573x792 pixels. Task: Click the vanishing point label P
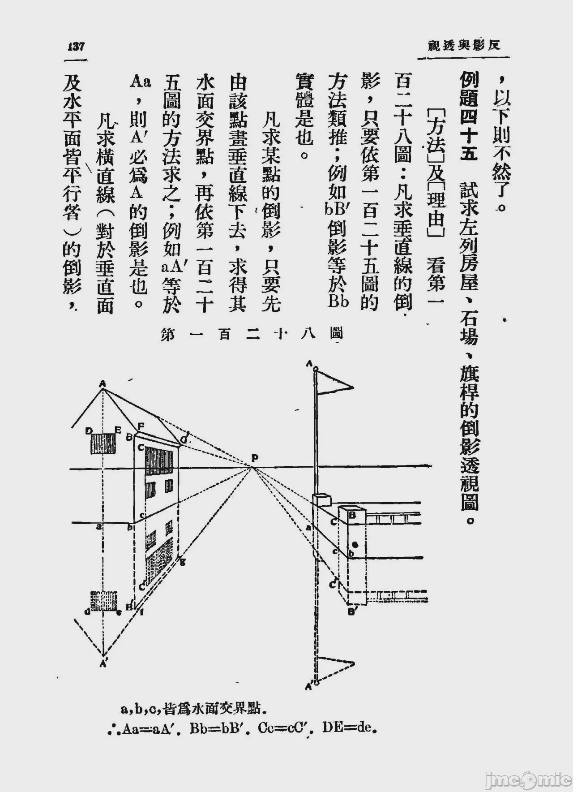pyautogui.click(x=255, y=457)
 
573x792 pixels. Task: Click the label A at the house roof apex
pyautogui.click(x=103, y=383)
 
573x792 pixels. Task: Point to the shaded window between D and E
pyautogui.click(x=103, y=443)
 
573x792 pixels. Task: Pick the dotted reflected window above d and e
pyautogui.click(x=104, y=601)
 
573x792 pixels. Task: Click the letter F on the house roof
pyautogui.click(x=141, y=426)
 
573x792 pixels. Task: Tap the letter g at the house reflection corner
pyautogui.click(x=183, y=563)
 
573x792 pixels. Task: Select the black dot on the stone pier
pyautogui.click(x=355, y=545)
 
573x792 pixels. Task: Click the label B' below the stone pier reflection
pyautogui.click(x=352, y=611)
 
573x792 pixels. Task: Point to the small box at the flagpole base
pyautogui.click(x=323, y=500)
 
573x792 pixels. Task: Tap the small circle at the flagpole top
pyautogui.click(x=316, y=369)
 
